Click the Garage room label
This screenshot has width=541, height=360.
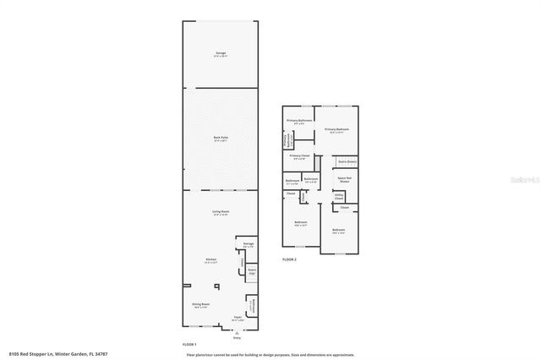pyautogui.click(x=220, y=54)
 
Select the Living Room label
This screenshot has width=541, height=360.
pyautogui.click(x=220, y=212)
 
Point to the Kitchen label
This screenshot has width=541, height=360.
pyautogui.click(x=211, y=260)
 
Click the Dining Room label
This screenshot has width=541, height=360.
pyautogui.click(x=200, y=304)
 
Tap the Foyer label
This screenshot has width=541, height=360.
pyautogui.click(x=238, y=319)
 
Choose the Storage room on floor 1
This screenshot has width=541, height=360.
pyautogui.click(x=248, y=245)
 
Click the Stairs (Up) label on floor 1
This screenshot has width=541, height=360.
pyautogui.click(x=251, y=272)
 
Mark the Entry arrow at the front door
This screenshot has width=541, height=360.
pyautogui.click(x=225, y=335)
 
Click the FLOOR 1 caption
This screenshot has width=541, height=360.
pyautogui.click(x=189, y=345)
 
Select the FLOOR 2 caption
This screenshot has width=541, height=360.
pyautogui.click(x=289, y=259)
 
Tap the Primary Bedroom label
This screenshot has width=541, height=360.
pyautogui.click(x=337, y=130)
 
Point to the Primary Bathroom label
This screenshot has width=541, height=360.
pyautogui.click(x=299, y=121)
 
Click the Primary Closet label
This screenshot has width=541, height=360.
pyautogui.click(x=299, y=156)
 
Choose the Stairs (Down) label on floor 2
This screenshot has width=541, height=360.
pyautogui.click(x=347, y=161)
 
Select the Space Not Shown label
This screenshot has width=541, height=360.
pyautogui.click(x=345, y=179)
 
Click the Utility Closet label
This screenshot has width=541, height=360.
pyautogui.click(x=338, y=196)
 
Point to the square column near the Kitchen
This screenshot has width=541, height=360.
pyautogui.click(x=216, y=286)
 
